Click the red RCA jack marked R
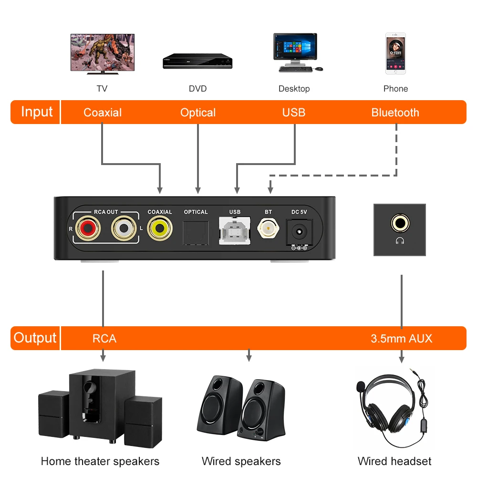pos(88,228)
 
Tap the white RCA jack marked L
pos(124,228)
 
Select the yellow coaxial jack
pos(160,228)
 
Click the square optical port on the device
pos(196,233)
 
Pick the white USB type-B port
pos(235,230)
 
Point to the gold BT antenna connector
pos(268,228)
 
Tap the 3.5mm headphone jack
pos(400,223)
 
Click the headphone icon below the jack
pos(400,241)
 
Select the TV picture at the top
pos(103,54)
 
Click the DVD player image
pos(197,61)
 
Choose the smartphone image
pos(395,53)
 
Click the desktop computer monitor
pos(295,49)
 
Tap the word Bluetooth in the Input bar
pos(395,113)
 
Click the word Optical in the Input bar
pos(198,113)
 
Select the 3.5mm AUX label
pos(402,339)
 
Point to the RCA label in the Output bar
pos(104,339)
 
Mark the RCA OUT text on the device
pos(106,212)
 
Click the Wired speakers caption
pos(241,461)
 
